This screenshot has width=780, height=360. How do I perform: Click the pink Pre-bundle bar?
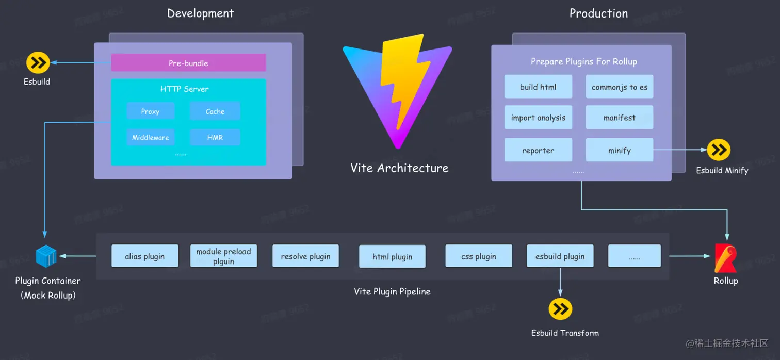(x=188, y=63)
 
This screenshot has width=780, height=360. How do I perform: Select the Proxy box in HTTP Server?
(x=150, y=111)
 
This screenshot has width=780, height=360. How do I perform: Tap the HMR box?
(x=215, y=137)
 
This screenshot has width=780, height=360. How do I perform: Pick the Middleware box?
(x=150, y=137)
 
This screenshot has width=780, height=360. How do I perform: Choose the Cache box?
(x=215, y=111)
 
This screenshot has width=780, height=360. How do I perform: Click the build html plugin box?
(x=538, y=87)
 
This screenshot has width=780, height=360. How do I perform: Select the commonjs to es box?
(x=619, y=87)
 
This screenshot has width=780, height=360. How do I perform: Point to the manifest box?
(x=619, y=118)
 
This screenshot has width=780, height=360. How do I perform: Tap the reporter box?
(x=538, y=150)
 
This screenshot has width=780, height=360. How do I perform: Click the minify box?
(x=619, y=150)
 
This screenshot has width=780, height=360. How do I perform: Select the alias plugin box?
(x=144, y=256)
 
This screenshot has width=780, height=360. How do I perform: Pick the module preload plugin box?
(x=223, y=256)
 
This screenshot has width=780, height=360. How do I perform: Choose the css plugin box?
(x=478, y=256)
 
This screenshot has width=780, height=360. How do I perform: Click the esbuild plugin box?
(x=560, y=256)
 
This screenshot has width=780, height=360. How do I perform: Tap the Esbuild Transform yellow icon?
(x=560, y=309)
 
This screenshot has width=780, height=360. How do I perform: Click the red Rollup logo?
(x=725, y=258)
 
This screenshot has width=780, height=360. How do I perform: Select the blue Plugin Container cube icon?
(x=45, y=256)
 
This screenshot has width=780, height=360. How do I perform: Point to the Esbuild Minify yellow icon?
(x=719, y=150)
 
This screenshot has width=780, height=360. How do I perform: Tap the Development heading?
(x=200, y=13)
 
